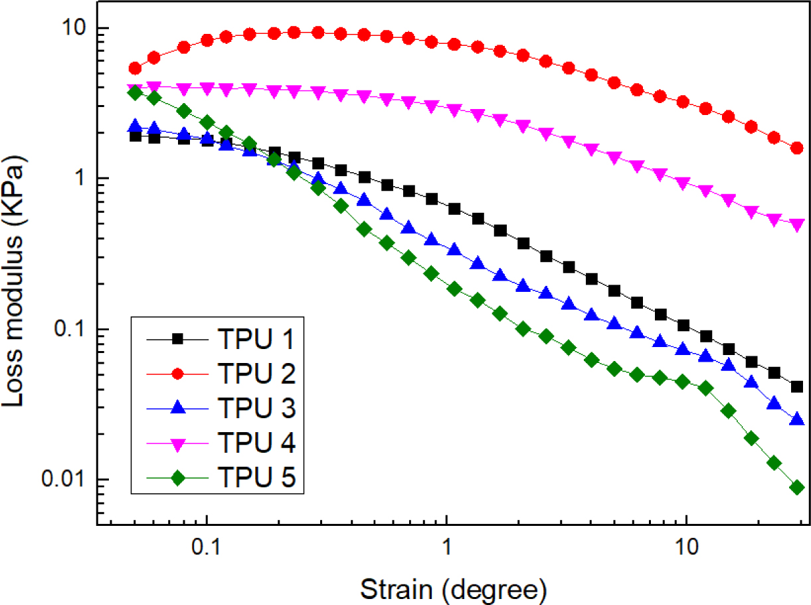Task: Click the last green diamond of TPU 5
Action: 798,488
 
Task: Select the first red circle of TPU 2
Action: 135,68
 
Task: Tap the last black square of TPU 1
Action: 798,387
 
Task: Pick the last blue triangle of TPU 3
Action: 798,420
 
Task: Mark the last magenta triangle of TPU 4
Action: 798,225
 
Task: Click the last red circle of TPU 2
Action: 798,148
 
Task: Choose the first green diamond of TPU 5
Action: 135,93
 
